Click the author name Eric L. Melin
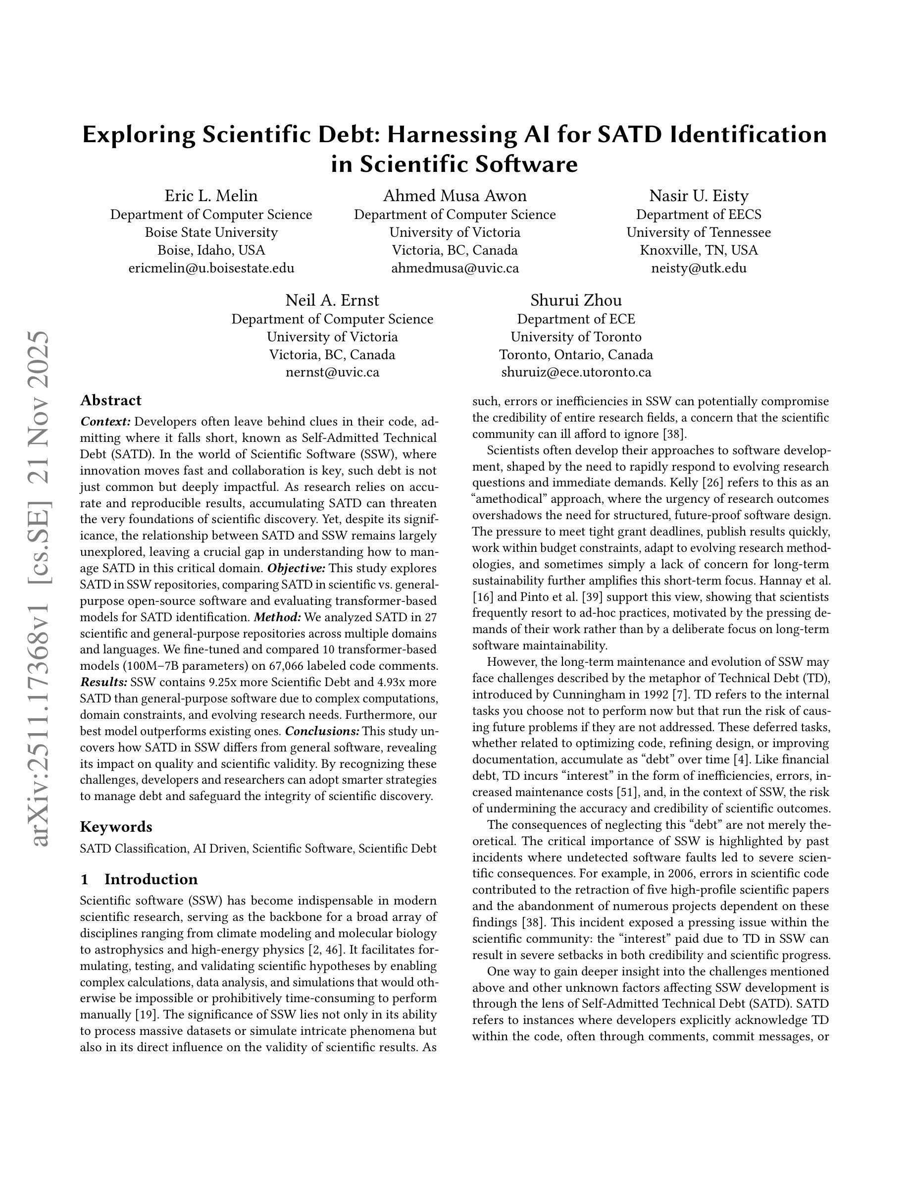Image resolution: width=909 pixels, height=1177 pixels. tap(211, 196)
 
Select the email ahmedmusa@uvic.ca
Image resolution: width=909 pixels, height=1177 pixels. tap(454, 268)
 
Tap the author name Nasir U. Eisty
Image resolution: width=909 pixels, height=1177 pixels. tap(699, 196)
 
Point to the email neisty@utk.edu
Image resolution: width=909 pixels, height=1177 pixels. tap(699, 268)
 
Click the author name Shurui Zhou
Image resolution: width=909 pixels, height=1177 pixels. tap(576, 300)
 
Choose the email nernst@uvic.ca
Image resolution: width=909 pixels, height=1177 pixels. tap(332, 373)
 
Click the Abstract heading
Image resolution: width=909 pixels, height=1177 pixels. tap(110, 400)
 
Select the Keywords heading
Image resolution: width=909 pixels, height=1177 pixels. tap(116, 827)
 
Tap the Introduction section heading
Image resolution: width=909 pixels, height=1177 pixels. tap(151, 879)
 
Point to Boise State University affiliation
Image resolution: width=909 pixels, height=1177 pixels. tap(211, 232)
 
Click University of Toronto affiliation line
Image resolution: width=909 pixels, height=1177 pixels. tap(576, 337)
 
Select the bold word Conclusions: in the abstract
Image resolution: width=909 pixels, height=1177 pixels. tap(322, 731)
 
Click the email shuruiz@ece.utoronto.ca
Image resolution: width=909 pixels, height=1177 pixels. tap(576, 373)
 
